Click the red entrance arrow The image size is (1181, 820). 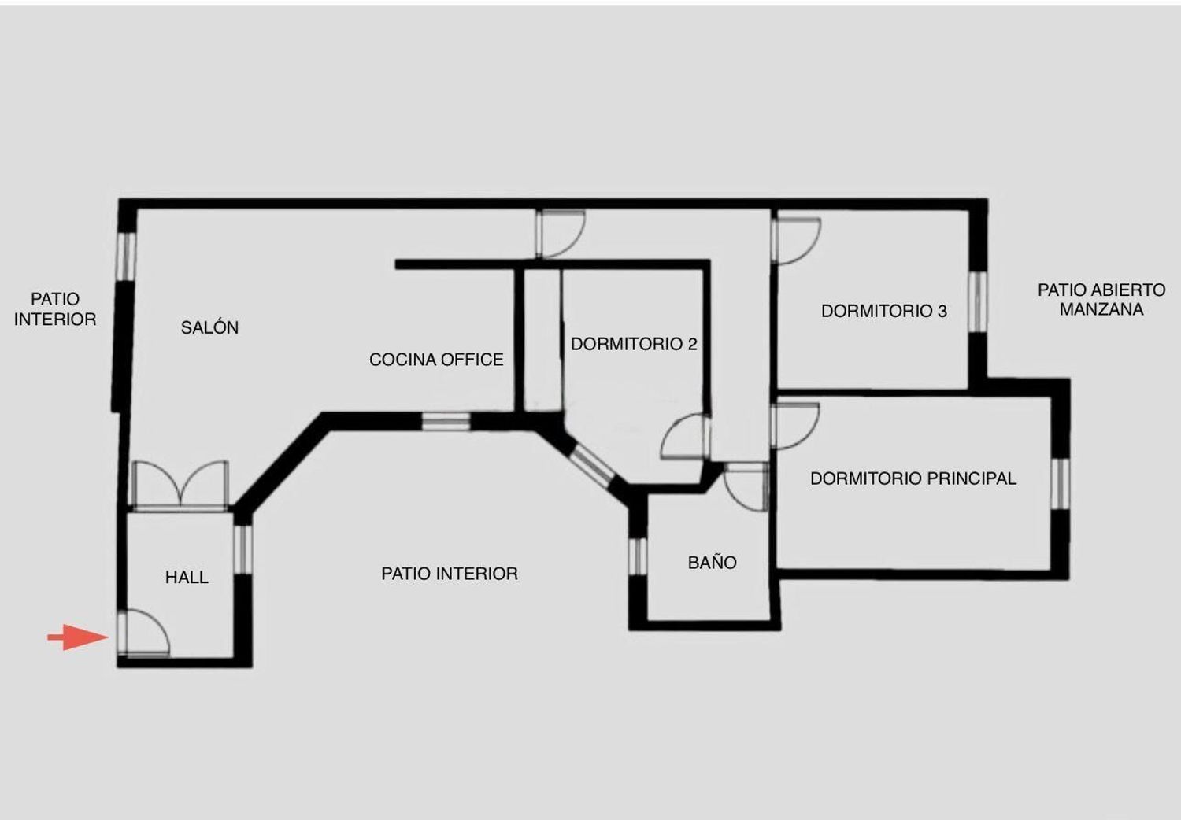[77, 637]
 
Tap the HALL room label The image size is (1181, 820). [187, 578]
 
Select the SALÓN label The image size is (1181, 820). [209, 327]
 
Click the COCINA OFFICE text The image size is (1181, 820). [436, 360]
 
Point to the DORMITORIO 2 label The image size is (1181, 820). [634, 344]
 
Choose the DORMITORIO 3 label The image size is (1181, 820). [883, 311]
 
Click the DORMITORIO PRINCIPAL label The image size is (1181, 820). [913, 478]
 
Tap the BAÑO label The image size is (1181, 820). [712, 563]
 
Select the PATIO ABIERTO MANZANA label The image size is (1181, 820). [1101, 300]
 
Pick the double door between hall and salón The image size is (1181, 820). [181, 485]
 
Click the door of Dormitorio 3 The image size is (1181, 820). [796, 239]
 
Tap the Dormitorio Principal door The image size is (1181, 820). [796, 426]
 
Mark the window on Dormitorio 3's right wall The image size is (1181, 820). [977, 301]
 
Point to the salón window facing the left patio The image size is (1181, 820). [126, 255]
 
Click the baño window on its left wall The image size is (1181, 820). [637, 556]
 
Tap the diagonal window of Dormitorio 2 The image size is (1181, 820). [591, 463]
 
